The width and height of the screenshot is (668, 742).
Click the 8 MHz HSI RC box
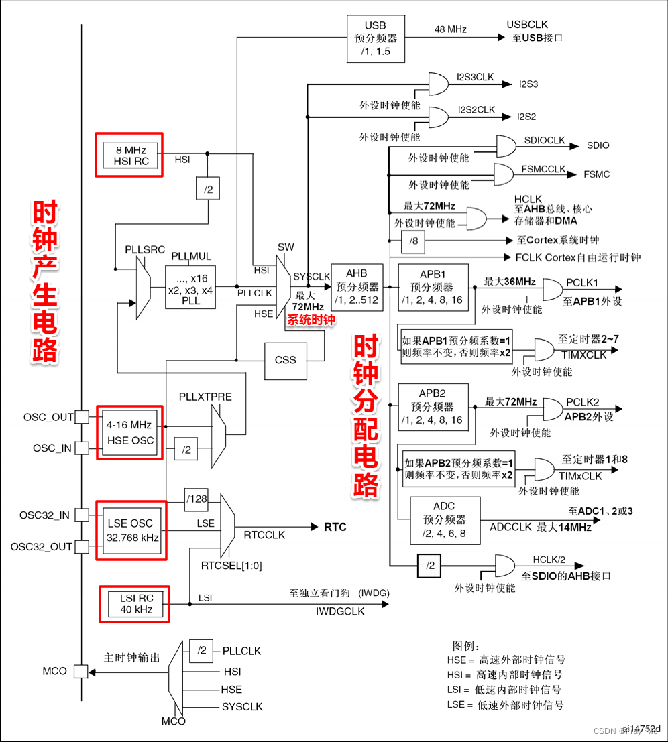pyautogui.click(x=131, y=154)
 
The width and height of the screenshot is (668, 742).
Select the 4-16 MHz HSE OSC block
pyautogui.click(x=131, y=432)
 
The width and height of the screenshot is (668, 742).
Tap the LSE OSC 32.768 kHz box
pyautogui.click(x=131, y=530)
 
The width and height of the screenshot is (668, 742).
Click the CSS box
pyautogui.click(x=285, y=360)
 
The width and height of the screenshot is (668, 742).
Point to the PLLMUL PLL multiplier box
pyautogui.click(x=192, y=286)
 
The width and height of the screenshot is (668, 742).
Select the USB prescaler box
pyautogui.click(x=376, y=39)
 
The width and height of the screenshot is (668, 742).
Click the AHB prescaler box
pyautogui.click(x=357, y=287)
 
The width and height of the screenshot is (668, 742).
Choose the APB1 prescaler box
pyautogui.click(x=432, y=287)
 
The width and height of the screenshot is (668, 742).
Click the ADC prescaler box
pyautogui.click(x=445, y=520)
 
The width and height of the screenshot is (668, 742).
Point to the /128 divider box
pyautogui.click(x=197, y=498)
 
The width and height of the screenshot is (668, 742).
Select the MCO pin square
pyautogui.click(x=81, y=671)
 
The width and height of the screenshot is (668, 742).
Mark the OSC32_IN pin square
pyautogui.click(x=81, y=515)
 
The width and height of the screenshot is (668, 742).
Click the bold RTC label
pyautogui.click(x=335, y=527)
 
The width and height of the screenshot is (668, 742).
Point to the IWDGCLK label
pyautogui.click(x=340, y=611)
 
